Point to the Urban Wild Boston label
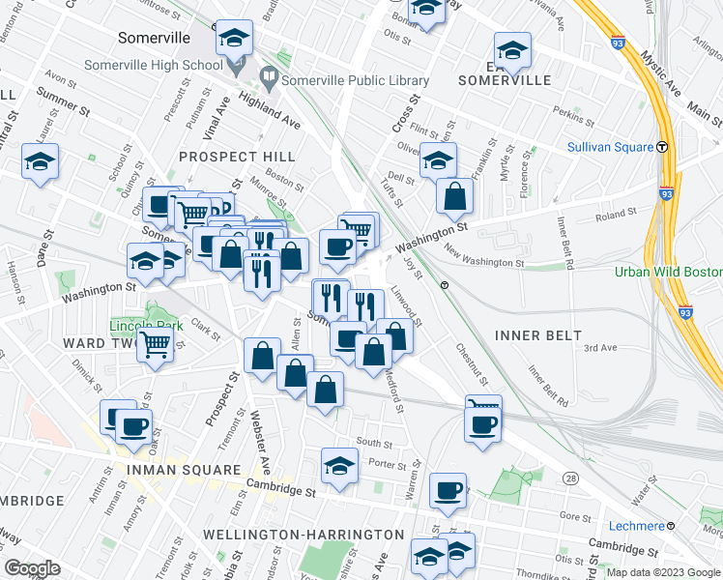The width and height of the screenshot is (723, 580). (668, 272)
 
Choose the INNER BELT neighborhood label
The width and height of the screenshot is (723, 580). (538, 335)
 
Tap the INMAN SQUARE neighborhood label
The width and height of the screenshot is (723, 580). (183, 470)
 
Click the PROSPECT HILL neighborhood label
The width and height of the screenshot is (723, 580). (237, 157)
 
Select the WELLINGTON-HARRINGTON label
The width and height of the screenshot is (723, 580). (304, 535)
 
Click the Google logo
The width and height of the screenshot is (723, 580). (32, 568)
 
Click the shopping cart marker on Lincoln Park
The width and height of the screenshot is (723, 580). (155, 344)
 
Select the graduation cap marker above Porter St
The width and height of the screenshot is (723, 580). (339, 466)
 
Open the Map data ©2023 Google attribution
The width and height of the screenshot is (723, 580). (662, 571)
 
